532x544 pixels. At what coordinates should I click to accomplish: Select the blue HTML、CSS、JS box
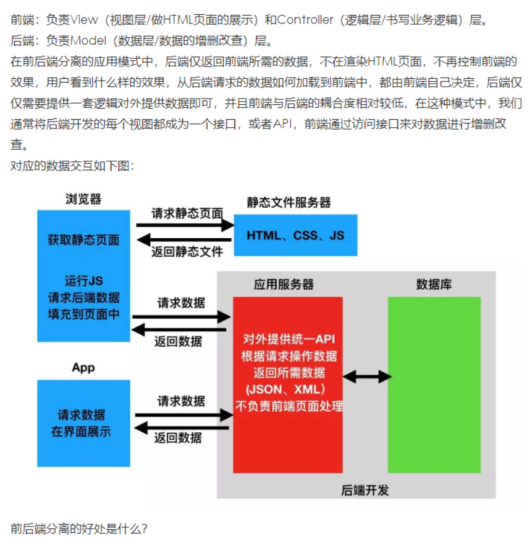pos(295,235)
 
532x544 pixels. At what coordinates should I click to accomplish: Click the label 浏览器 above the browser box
pos(84,199)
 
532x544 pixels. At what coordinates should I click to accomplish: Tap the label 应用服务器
pos(284,284)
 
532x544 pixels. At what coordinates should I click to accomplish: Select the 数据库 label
pos(434,284)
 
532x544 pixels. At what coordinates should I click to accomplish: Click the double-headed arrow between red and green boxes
pos(367,377)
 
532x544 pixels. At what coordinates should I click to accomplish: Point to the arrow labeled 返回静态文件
pos(185,240)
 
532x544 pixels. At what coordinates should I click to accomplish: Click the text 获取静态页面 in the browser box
pos(84,240)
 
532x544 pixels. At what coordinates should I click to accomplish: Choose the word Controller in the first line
pos(305,20)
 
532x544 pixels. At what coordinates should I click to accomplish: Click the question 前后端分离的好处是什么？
pos(79,529)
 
